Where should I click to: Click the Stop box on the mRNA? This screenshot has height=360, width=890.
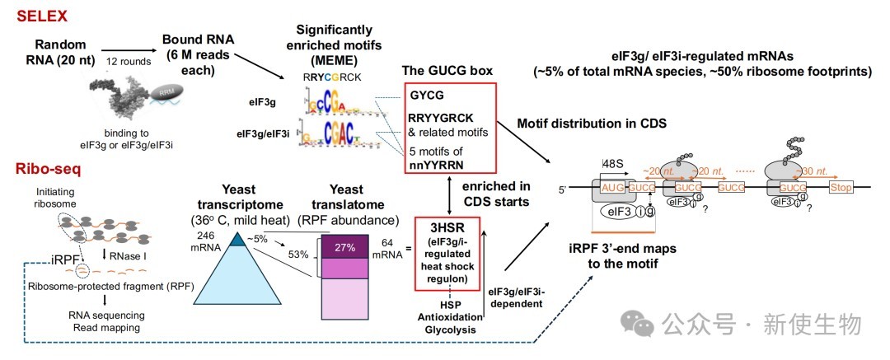[845, 189]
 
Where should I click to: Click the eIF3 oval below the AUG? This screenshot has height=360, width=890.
[624, 213]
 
